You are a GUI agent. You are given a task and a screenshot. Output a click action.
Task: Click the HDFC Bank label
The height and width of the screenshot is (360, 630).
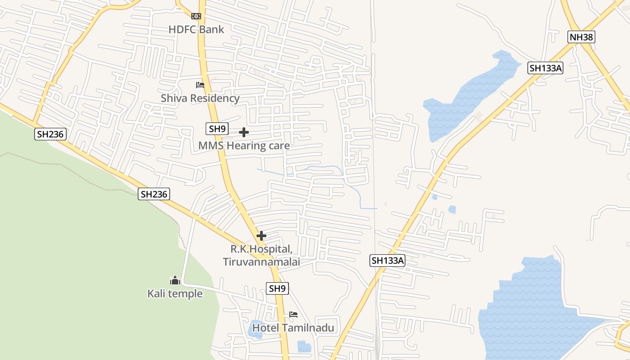(196, 30)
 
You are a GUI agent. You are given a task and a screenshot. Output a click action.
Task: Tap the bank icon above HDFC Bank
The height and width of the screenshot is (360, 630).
(196, 16)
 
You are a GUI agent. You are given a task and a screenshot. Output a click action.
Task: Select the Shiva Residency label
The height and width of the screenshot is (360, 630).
(200, 98)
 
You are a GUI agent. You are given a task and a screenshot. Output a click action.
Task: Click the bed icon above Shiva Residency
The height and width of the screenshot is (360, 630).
(200, 85)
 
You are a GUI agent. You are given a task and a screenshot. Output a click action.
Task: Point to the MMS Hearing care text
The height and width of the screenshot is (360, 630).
(244, 146)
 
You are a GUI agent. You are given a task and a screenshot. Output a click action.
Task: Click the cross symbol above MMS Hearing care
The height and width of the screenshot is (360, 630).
(244, 132)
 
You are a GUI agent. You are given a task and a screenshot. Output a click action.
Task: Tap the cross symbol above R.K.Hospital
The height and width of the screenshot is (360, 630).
(261, 236)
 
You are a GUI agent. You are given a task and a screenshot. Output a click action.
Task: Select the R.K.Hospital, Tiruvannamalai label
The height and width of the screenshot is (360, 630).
(261, 255)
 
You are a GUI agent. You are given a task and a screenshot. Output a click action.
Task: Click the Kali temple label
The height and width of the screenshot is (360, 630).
(175, 294)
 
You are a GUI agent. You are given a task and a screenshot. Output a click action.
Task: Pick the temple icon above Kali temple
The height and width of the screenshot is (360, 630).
(175, 280)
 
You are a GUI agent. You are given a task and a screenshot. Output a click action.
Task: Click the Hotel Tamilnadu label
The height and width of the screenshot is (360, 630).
(293, 328)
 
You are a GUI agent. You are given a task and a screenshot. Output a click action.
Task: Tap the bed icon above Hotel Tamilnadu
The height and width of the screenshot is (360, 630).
(293, 315)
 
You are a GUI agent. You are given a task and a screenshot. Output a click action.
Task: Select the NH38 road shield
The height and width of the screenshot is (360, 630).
(581, 37)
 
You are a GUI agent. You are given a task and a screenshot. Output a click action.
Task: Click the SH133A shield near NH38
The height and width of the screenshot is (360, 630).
(545, 68)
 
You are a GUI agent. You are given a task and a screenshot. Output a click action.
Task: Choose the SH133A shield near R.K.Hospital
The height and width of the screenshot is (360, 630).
(388, 260)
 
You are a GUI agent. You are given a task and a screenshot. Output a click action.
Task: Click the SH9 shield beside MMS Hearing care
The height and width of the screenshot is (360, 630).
(217, 129)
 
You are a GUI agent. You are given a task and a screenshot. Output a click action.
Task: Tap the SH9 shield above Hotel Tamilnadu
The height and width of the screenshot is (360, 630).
(278, 288)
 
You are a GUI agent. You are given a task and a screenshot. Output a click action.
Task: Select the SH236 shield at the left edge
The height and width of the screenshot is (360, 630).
(50, 134)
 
